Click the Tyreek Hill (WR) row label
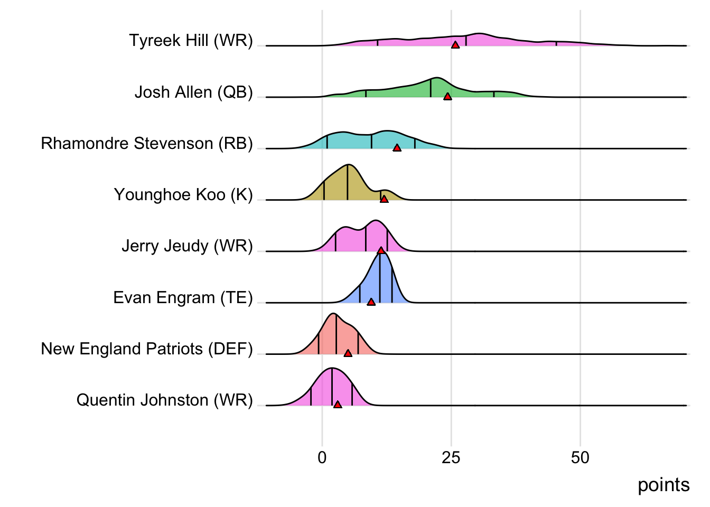191,41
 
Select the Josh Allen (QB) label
193,92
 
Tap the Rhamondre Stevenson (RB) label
147,143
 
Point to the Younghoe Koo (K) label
183,194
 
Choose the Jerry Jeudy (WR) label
187,246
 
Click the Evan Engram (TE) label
183,297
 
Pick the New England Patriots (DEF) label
147,349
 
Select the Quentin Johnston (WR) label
164,400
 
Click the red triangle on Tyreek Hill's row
455,45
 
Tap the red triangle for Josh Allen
447,97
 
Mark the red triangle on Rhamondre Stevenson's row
397,148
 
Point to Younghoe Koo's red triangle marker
384,199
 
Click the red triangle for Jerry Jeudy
381,250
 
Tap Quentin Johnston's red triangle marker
338,405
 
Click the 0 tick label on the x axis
322,457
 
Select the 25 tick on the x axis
451,457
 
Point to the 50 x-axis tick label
580,457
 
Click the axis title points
664,485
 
